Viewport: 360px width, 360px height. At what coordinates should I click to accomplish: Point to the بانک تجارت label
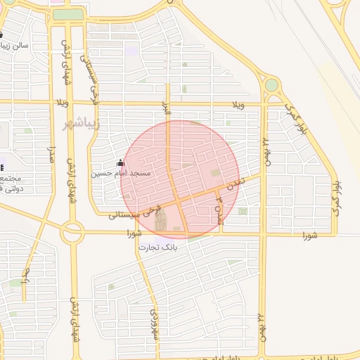[x=158, y=248]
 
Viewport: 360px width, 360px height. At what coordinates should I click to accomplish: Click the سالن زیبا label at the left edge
[x=15, y=46]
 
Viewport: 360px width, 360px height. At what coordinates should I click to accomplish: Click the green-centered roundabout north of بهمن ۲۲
[x=271, y=85]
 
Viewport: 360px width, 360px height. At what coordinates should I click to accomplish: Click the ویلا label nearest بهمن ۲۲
[x=239, y=105]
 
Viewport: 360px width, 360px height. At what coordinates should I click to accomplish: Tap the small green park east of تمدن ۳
[x=242, y=211]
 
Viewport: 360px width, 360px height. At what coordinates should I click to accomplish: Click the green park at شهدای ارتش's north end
[x=67, y=13]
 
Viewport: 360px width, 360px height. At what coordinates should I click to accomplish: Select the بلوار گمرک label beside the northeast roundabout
[x=297, y=119]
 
